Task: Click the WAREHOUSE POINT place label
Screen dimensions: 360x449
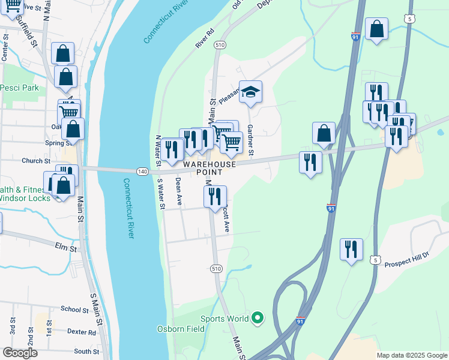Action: point(209,164)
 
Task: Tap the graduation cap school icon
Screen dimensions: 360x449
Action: point(251,92)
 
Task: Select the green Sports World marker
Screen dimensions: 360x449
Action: point(258,318)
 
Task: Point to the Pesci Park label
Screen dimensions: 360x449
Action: point(19,88)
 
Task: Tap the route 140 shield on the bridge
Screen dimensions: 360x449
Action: point(142,172)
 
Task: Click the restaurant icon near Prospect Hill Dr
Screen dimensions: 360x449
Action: point(351,248)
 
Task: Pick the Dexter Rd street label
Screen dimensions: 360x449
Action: point(82,332)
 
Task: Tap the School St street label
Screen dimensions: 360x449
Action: point(75,309)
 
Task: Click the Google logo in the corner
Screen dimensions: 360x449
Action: point(20,353)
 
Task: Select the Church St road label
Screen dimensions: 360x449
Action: point(36,161)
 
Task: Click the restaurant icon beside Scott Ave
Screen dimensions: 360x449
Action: point(215,196)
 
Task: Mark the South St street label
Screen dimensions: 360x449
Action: point(86,352)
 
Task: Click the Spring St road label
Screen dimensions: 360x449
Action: point(58,143)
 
